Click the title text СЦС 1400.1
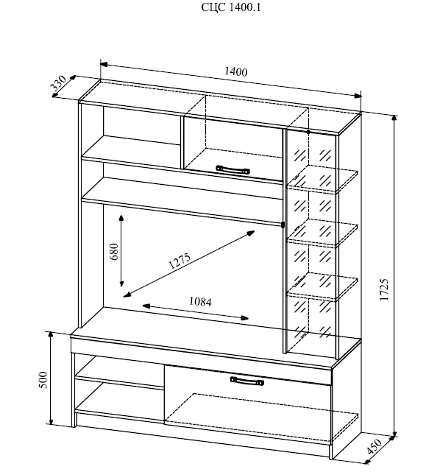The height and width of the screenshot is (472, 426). click(x=231, y=7)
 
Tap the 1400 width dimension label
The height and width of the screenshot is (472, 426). click(x=236, y=71)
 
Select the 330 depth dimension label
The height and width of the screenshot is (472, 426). click(x=58, y=83)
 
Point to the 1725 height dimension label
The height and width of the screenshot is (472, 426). click(x=384, y=289)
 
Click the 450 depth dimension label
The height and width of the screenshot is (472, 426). click(x=374, y=446)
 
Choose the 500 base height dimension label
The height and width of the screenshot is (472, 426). click(x=43, y=380)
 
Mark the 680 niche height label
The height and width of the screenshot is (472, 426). click(x=114, y=252)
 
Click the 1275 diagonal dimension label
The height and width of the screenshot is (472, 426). click(x=180, y=261)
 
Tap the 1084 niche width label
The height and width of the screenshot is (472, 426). click(x=200, y=301)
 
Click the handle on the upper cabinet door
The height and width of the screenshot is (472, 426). click(x=232, y=169)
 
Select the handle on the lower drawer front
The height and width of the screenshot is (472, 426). click(x=247, y=381)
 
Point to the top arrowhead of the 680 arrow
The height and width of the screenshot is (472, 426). click(x=121, y=218)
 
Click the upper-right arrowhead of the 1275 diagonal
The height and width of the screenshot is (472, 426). click(x=251, y=233)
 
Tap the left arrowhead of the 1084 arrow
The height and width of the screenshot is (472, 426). click(x=146, y=306)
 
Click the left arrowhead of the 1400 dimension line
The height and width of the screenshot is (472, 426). click(x=104, y=64)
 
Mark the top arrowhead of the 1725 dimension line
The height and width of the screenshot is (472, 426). click(x=394, y=118)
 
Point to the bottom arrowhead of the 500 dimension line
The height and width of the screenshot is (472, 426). click(x=52, y=420)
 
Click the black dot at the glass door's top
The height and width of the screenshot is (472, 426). click(x=308, y=132)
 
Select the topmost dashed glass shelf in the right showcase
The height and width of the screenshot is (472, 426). click(x=322, y=179)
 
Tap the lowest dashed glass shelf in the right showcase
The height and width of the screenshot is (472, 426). click(x=322, y=287)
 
